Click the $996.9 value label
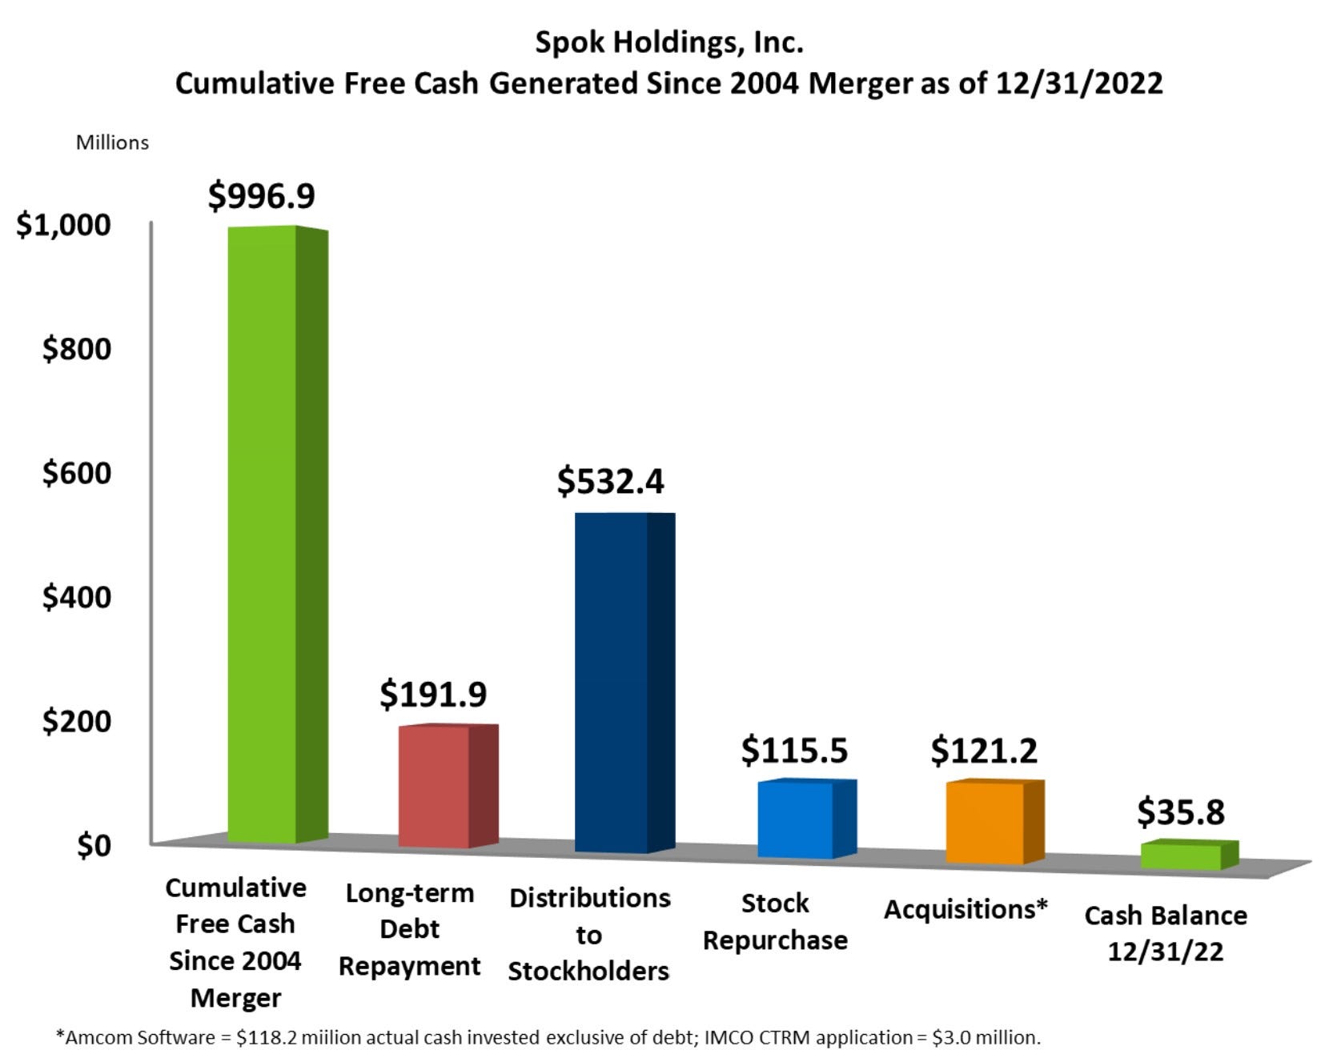[x=262, y=195]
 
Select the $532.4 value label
[x=611, y=481]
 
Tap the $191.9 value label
[x=433, y=694]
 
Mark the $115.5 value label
[x=794, y=750]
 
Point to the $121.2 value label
[x=984, y=750]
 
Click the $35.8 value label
[x=1181, y=812]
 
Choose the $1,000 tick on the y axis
[x=64, y=225]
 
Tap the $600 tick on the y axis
[x=77, y=473]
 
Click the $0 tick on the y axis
[x=94, y=845]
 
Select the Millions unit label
[x=112, y=142]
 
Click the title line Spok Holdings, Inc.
[x=669, y=42]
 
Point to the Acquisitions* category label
[x=966, y=909]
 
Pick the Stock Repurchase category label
[x=775, y=921]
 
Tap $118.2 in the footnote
[x=263, y=1037]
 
